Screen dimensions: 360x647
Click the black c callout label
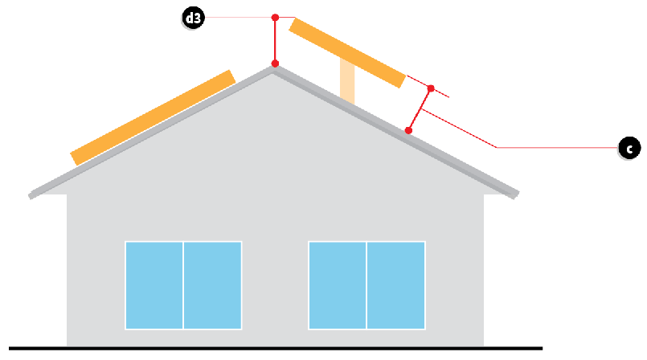point(629,148)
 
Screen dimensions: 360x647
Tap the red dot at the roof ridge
point(275,63)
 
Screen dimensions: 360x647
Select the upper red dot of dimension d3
point(275,17)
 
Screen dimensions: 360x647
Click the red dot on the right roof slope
point(409,129)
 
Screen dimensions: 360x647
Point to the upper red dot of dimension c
point(431,88)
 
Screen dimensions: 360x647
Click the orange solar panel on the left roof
point(153,117)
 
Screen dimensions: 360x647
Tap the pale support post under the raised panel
point(347,82)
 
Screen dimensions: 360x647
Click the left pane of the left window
point(154,284)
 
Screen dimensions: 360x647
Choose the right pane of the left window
point(213,284)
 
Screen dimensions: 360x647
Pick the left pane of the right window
point(338,284)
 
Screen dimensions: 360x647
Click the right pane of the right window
point(396,284)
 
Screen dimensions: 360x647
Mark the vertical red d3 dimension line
point(275,40)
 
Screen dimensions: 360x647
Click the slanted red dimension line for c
point(420,108)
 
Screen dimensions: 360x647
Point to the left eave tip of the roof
point(31,194)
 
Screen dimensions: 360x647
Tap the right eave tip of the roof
point(516,194)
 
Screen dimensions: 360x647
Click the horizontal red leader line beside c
point(555,147)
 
